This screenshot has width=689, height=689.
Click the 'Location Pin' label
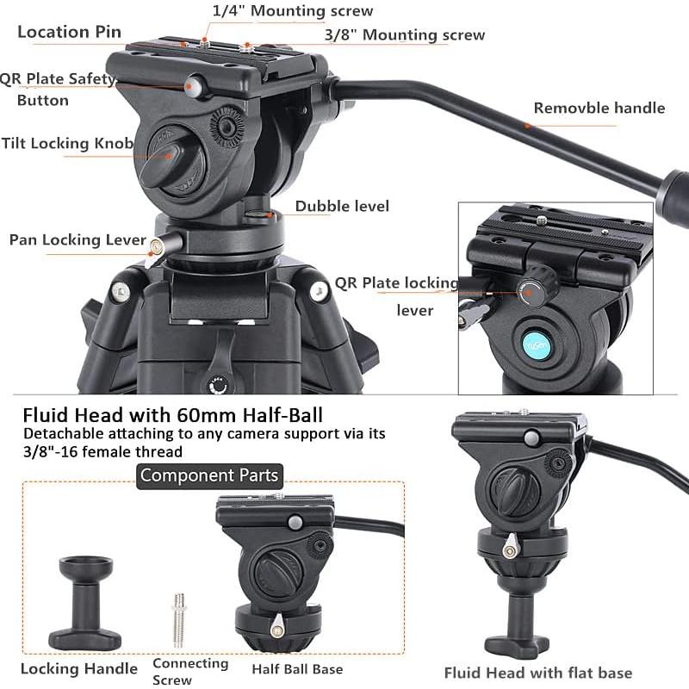[70, 33]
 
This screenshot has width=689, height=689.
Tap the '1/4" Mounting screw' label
[293, 11]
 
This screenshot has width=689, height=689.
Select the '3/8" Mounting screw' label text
[405, 35]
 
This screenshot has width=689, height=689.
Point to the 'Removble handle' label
[599, 108]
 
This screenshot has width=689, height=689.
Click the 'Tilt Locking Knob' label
[67, 143]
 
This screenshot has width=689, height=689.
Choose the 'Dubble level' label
[342, 206]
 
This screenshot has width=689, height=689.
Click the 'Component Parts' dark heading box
[209, 475]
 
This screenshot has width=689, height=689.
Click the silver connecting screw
[178, 619]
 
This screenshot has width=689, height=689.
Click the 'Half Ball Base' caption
[297, 668]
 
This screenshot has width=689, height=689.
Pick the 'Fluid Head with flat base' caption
[538, 673]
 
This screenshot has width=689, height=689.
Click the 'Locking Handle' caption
[79, 668]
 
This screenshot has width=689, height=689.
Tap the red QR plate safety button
[194, 85]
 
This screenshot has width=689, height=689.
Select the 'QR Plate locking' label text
[397, 282]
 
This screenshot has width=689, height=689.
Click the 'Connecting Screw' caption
[190, 670]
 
